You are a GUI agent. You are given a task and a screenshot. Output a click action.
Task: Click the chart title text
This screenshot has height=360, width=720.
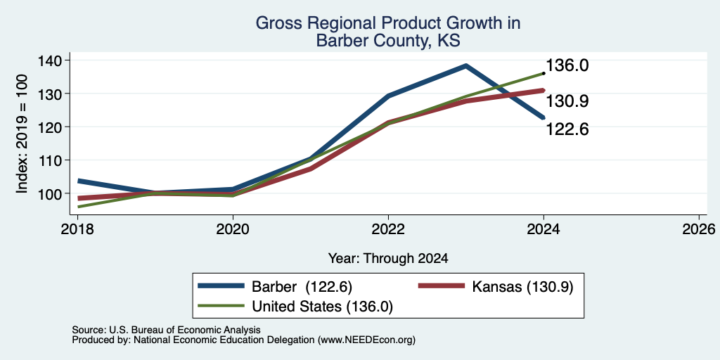click(388, 32)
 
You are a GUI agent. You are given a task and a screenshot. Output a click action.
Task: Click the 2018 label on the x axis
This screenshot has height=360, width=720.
click(77, 229)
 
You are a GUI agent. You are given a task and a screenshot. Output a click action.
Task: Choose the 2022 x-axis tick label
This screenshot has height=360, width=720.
click(388, 229)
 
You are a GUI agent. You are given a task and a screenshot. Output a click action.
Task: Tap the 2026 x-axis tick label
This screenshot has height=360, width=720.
click(699, 229)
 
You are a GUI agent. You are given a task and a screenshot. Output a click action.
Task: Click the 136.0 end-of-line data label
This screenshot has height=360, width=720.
click(567, 65)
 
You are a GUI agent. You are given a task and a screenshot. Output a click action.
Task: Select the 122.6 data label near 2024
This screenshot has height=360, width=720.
click(567, 129)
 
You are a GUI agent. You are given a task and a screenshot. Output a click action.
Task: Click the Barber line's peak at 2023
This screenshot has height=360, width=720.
click(465, 65)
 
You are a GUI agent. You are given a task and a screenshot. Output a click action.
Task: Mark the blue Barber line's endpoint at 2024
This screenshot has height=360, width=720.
click(544, 117)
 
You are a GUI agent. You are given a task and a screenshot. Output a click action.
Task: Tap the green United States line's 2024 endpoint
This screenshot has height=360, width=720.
click(544, 73)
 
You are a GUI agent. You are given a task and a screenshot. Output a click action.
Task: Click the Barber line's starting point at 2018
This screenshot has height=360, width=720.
click(79, 181)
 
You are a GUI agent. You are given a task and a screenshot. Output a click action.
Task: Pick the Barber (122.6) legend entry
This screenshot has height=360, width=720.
click(275, 287)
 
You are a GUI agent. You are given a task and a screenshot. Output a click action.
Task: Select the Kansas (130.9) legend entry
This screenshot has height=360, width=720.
click(496, 287)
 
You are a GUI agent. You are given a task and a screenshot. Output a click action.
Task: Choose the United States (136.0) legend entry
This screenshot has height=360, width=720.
click(295, 307)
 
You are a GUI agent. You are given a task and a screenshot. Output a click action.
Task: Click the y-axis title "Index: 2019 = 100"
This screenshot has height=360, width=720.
click(22, 134)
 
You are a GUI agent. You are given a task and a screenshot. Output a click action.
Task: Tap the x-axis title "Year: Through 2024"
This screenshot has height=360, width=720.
click(388, 259)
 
